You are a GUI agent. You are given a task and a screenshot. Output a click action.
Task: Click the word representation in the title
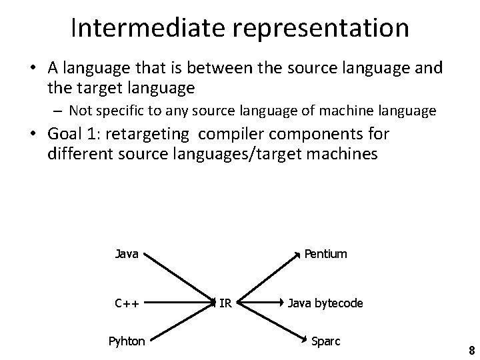(x=309, y=28)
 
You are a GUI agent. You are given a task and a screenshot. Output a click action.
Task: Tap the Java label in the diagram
(x=127, y=254)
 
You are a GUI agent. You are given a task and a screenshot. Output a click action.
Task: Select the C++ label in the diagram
(x=127, y=303)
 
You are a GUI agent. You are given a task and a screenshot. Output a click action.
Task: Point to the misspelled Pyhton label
(x=127, y=341)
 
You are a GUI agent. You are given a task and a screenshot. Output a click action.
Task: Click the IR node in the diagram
(x=225, y=303)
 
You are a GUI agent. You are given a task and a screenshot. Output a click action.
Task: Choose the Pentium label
(x=325, y=254)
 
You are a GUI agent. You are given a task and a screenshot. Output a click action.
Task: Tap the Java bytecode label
(x=325, y=303)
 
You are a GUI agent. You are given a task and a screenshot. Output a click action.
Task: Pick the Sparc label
(x=325, y=341)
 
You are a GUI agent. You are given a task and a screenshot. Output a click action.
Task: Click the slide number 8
(x=471, y=351)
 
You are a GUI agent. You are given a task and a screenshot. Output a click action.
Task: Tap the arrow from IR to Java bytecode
(x=261, y=304)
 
